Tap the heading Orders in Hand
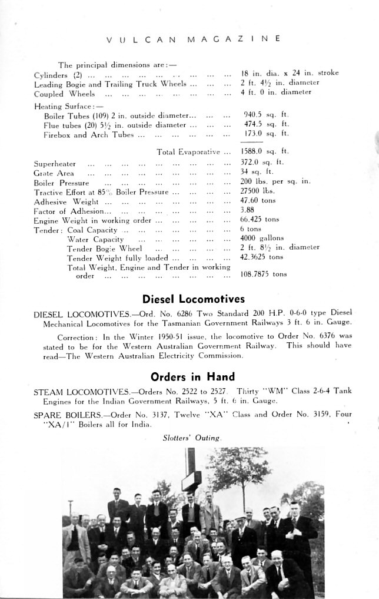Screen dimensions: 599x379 click(x=192, y=376)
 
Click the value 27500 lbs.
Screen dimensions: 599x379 click(x=258, y=192)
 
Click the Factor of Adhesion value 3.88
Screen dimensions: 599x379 click(x=248, y=210)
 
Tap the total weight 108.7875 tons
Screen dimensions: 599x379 click(x=264, y=274)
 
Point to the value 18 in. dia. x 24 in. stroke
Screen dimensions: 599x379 click(x=290, y=74)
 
